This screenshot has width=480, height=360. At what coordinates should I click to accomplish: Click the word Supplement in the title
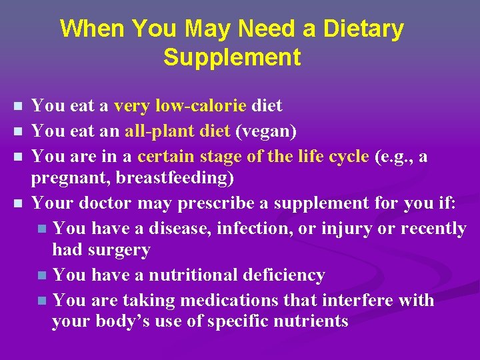tap(231, 57)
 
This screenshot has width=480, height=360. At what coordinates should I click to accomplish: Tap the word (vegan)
tap(266, 131)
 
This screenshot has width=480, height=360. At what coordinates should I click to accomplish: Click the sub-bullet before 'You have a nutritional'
tap(43, 275)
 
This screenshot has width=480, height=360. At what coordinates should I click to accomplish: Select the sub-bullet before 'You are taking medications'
tap(43, 301)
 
